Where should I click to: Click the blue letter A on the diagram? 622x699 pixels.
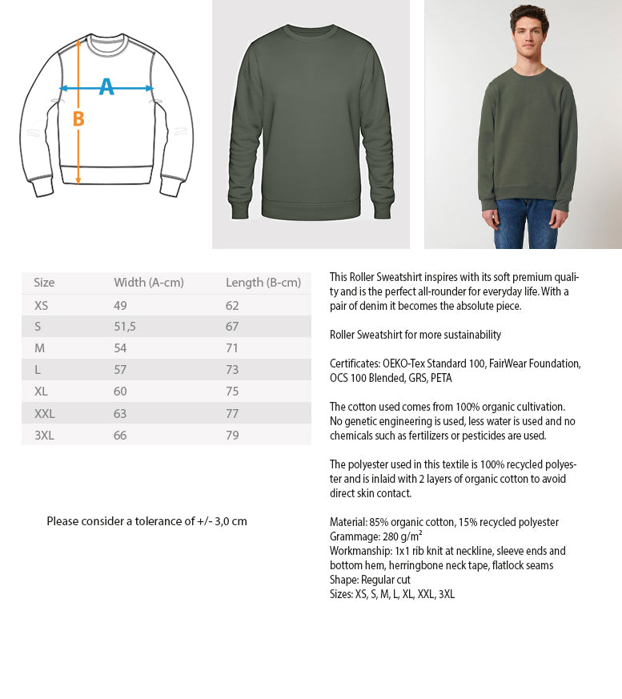point(106,87)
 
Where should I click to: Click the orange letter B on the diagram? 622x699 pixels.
point(78,119)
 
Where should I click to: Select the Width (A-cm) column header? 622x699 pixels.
point(148,283)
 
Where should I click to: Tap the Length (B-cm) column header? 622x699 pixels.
point(263,283)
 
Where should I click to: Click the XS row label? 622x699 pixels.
point(41,305)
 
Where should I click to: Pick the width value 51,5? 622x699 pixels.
point(125,327)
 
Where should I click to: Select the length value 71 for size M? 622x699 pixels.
point(232,348)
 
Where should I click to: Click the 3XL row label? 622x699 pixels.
point(44,435)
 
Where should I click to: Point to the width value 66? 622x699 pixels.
point(120,435)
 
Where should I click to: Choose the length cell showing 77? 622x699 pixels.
point(232,413)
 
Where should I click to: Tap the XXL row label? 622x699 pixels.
point(44,413)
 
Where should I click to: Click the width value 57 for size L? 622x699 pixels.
point(120,370)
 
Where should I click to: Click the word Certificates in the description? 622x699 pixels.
point(354,364)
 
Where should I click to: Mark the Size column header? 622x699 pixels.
point(44,283)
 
